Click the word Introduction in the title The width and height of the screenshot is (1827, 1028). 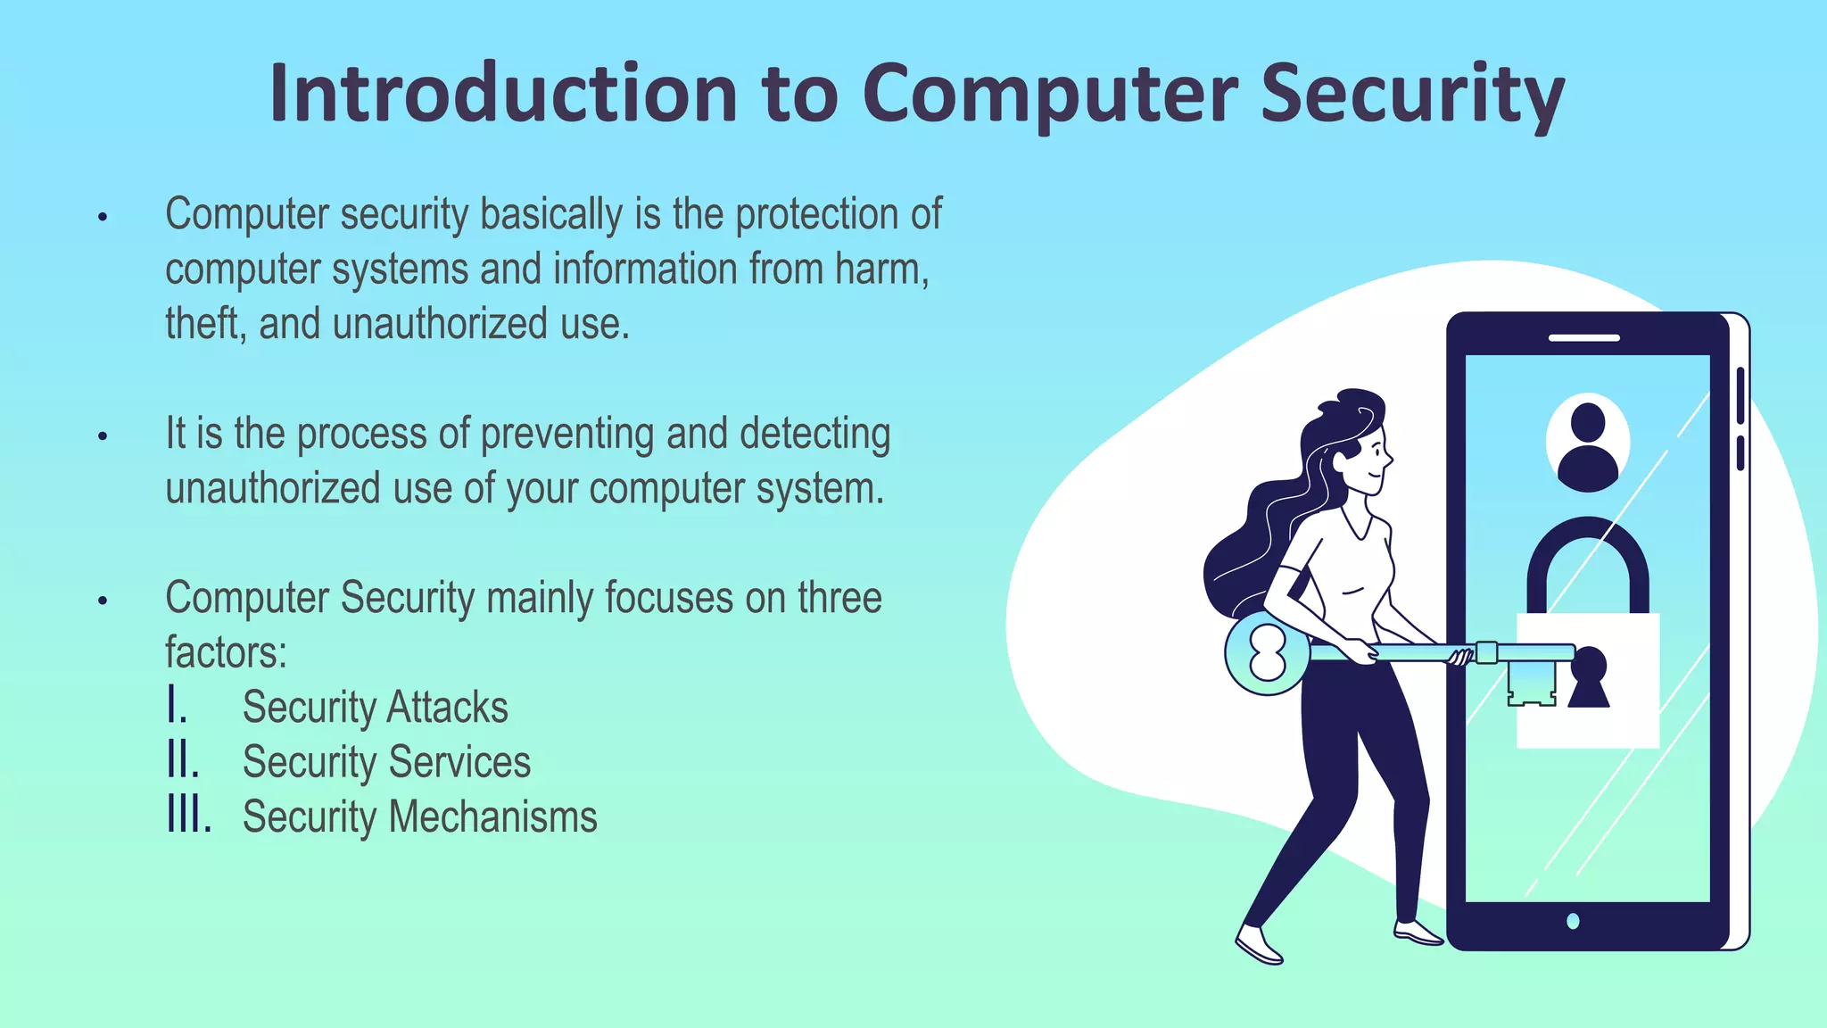[x=503, y=94]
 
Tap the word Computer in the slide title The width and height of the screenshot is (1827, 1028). [x=1049, y=94]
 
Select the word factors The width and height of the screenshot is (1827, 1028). [x=226, y=652]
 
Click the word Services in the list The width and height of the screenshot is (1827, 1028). [x=459, y=762]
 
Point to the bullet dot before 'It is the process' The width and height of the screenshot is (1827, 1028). [x=103, y=436]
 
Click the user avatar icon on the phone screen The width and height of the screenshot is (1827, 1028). [x=1587, y=444]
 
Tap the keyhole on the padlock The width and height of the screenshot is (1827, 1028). [x=1588, y=677]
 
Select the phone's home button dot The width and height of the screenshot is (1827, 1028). [x=1573, y=921]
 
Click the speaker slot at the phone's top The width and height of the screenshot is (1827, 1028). [x=1583, y=338]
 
